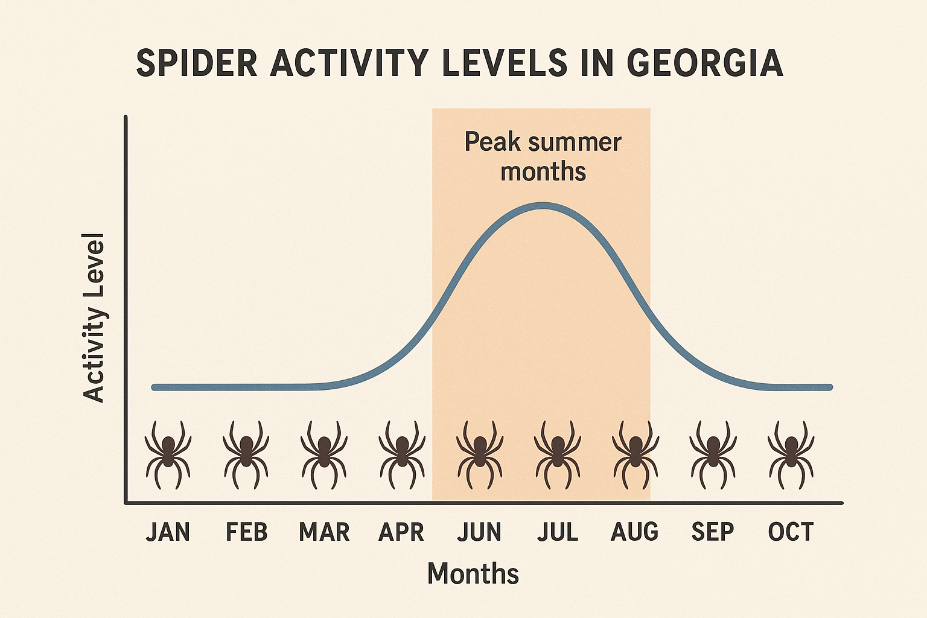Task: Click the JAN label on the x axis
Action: click(168, 532)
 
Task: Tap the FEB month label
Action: click(246, 532)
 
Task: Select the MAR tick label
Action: click(324, 532)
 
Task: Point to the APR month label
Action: click(401, 532)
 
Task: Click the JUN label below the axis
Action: click(479, 532)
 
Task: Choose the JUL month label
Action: click(558, 532)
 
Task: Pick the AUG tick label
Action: click(635, 532)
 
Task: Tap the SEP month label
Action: click(713, 532)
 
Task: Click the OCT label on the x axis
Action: click(791, 532)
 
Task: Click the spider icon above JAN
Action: click(168, 454)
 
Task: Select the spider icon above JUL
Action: click(558, 454)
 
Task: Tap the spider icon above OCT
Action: click(791, 454)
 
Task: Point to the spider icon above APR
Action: click(401, 454)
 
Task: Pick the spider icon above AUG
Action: click(635, 454)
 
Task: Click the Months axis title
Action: click(473, 573)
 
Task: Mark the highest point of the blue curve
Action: click(543, 205)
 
